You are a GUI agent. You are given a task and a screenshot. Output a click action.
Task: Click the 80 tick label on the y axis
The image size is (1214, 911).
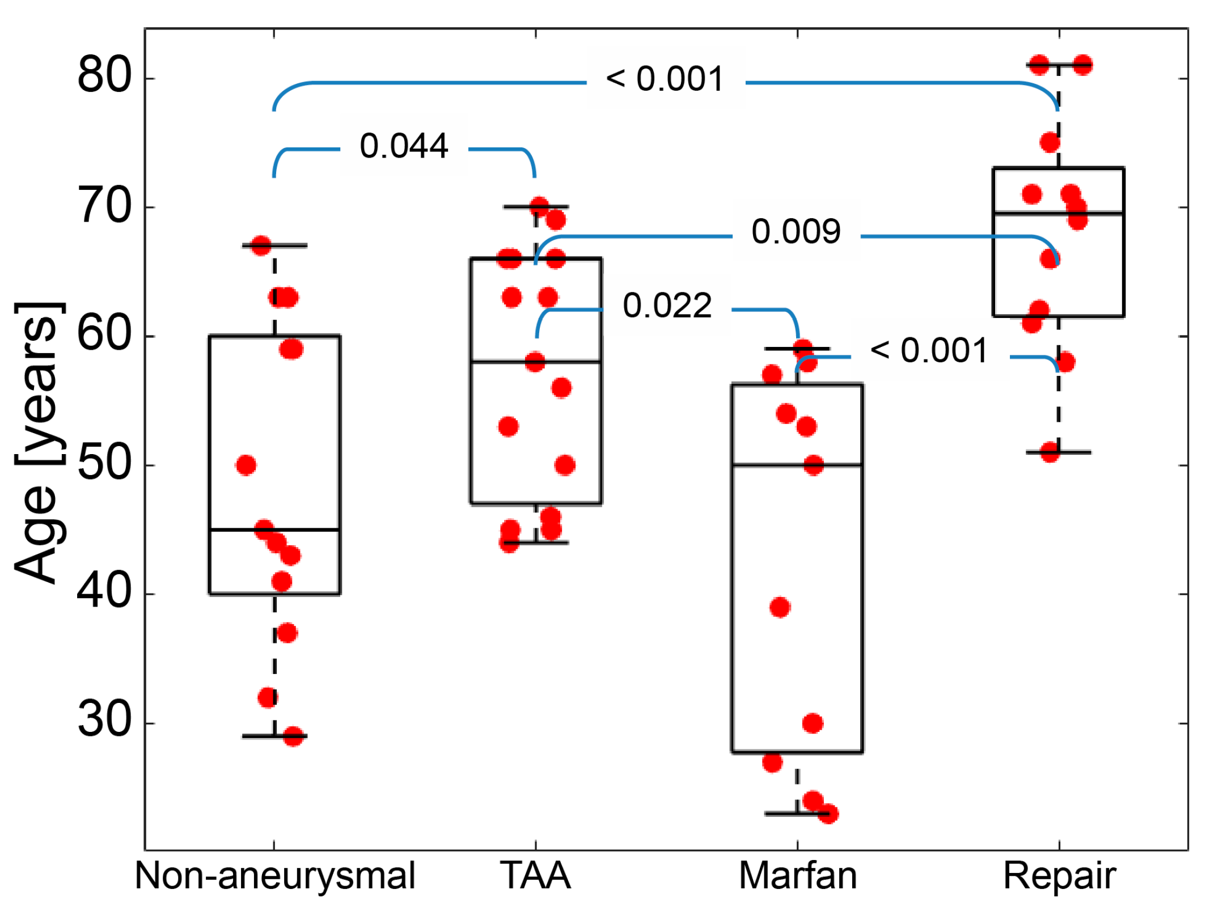pyautogui.click(x=104, y=76)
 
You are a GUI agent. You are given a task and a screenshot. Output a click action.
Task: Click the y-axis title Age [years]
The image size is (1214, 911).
pyautogui.click(x=36, y=442)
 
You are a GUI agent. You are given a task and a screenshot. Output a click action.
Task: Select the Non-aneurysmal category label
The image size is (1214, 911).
pyautogui.click(x=275, y=875)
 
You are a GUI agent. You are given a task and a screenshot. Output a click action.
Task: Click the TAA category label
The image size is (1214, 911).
pyautogui.click(x=535, y=875)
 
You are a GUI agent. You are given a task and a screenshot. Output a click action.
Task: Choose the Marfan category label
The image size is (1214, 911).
pyautogui.click(x=797, y=875)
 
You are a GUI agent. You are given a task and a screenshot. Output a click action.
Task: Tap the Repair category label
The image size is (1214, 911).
pyautogui.click(x=1059, y=875)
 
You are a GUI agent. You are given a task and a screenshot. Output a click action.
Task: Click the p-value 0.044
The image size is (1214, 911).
pyautogui.click(x=404, y=146)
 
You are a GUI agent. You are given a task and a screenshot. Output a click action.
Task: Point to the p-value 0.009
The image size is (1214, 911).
pyautogui.click(x=796, y=231)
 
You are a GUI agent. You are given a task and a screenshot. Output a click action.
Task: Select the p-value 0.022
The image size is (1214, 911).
pyautogui.click(x=667, y=306)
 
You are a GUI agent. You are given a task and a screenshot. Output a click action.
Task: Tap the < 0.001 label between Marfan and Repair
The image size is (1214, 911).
pyautogui.click(x=929, y=350)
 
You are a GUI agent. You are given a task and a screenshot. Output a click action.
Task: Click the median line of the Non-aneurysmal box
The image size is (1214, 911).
pyautogui.click(x=274, y=529)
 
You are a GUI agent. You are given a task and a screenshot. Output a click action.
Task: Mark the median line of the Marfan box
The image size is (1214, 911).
pyautogui.click(x=797, y=465)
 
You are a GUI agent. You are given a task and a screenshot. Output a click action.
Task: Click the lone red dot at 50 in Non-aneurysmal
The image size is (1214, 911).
pyautogui.click(x=246, y=465)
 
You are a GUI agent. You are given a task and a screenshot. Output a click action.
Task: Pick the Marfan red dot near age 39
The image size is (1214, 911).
pyautogui.click(x=780, y=607)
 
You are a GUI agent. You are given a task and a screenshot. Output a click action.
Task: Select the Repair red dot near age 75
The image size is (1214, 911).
pyautogui.click(x=1050, y=142)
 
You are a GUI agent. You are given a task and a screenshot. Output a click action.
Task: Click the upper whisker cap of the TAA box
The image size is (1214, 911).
pyautogui.click(x=536, y=207)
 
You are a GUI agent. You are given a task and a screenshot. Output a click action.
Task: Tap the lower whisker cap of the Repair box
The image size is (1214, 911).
pyautogui.click(x=1059, y=452)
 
